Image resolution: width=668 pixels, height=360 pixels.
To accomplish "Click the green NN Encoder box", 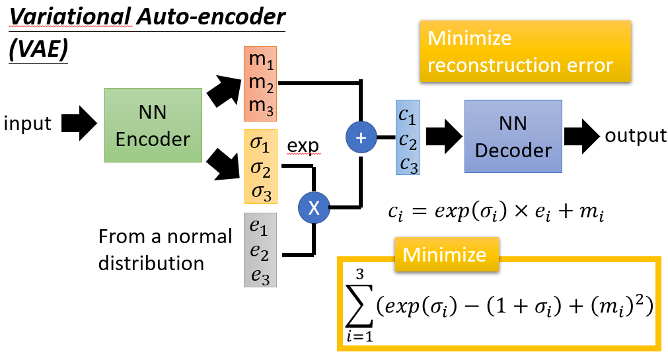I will [153, 126].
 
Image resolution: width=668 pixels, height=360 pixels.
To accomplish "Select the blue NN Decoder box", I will [513, 137].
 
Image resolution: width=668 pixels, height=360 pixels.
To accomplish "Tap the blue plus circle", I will [360, 137].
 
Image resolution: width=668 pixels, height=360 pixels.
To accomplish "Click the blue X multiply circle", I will [314, 207].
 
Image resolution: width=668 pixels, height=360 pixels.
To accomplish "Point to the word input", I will [27, 124].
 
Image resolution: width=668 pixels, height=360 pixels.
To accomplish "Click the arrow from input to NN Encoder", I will [80, 124].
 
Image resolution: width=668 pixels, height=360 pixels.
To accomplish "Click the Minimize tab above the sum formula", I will [445, 255].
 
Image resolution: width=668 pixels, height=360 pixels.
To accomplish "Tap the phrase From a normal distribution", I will [165, 249].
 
